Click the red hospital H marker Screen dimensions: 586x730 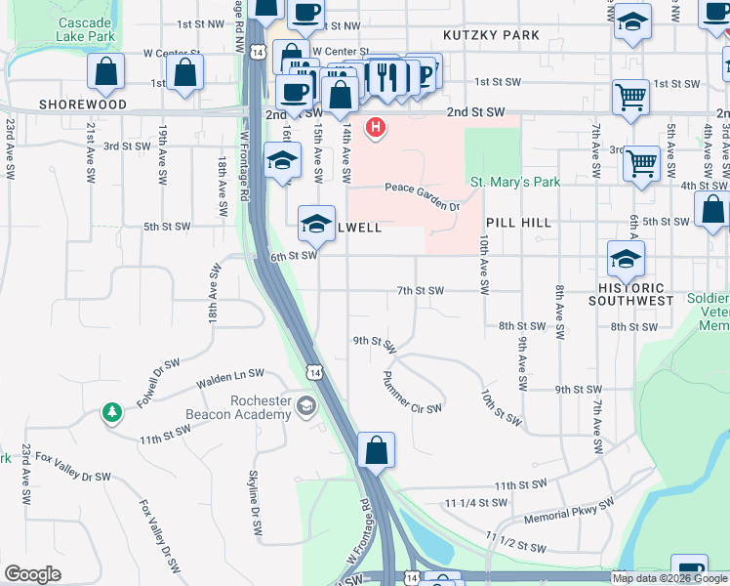pos(376,128)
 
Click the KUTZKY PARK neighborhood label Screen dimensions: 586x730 pos(491,35)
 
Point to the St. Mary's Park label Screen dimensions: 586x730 pos(515,183)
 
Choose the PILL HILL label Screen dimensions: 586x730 pos(517,223)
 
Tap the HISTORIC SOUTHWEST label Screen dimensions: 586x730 pos(631,295)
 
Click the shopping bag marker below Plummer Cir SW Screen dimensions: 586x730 pos(376,451)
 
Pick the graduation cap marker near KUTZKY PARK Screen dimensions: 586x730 pos(632,22)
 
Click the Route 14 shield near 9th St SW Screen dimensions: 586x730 pos(312,371)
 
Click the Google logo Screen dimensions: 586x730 pos(32,574)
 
